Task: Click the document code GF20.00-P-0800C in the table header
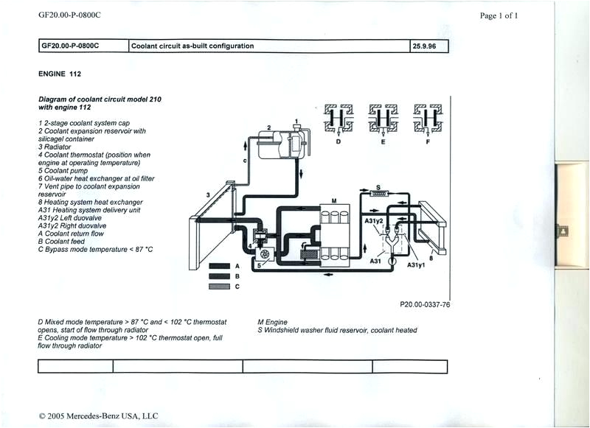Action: click(x=70, y=46)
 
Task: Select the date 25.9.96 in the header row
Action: click(x=425, y=46)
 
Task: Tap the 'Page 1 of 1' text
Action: click(x=499, y=15)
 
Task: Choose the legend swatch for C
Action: click(x=221, y=287)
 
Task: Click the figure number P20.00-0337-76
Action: click(x=425, y=304)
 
